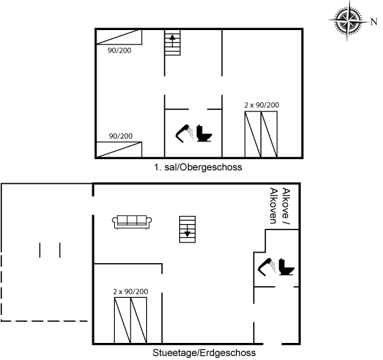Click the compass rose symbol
point(348,21)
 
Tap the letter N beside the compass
point(374,22)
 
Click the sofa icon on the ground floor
point(132,222)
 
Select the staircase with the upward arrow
point(172,42)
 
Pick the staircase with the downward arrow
point(187,230)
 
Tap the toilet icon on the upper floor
point(204,133)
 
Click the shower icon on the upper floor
point(185,133)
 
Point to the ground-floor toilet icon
point(287,267)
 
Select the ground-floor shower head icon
point(267,267)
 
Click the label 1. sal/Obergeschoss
point(198,167)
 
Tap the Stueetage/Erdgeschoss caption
point(204,352)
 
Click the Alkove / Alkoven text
point(280,206)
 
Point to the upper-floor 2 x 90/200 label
point(261,105)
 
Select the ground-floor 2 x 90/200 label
point(131,292)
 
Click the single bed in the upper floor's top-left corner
point(119,37)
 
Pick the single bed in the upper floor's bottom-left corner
point(119,150)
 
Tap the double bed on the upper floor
point(261,135)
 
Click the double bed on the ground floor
point(131,320)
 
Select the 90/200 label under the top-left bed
point(120,51)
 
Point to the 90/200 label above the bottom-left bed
point(120,136)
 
